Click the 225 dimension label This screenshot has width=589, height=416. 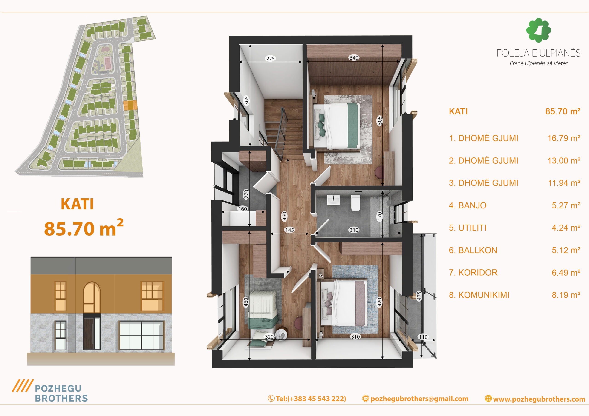(270, 58)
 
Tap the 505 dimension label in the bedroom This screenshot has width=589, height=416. (380, 120)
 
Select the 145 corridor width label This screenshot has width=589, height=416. (290, 230)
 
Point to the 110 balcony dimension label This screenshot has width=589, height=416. (423, 337)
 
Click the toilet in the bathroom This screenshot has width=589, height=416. (355, 203)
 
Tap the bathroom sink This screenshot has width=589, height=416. (333, 200)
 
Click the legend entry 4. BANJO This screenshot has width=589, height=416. (468, 205)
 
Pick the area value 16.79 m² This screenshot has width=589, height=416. (564, 138)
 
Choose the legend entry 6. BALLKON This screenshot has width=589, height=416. (473, 250)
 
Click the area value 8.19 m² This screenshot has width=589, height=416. (566, 295)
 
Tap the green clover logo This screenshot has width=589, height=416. (538, 30)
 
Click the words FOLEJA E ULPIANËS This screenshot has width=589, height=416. (538, 53)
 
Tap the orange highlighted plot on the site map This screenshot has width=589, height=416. (130, 105)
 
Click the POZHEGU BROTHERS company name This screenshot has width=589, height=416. (61, 393)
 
